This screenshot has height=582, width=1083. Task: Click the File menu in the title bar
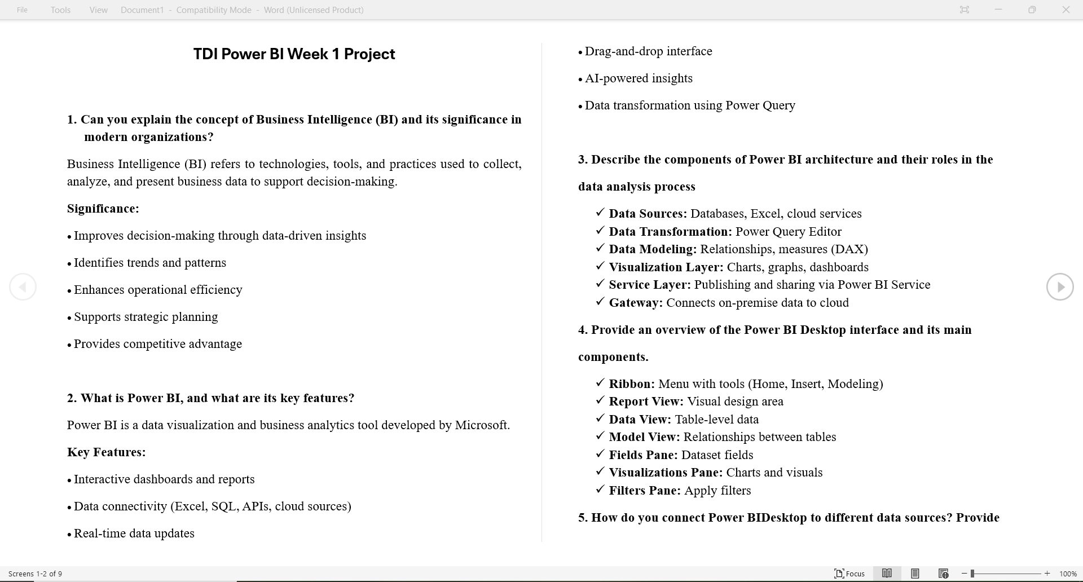(22, 10)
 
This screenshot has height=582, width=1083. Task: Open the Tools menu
(60, 10)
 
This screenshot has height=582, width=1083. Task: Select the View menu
(98, 10)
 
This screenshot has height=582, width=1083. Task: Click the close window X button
(1066, 10)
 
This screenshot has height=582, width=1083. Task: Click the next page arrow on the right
(1060, 287)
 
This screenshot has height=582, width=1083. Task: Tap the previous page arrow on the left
(23, 287)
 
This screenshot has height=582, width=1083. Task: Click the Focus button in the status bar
(849, 574)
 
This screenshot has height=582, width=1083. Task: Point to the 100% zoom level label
(1068, 574)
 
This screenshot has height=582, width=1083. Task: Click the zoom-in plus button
(1047, 574)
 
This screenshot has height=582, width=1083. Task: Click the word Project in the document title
(369, 54)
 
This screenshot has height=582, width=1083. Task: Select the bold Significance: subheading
(103, 209)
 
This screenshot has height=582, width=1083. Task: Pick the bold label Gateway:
(636, 303)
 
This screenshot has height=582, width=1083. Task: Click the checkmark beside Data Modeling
(600, 248)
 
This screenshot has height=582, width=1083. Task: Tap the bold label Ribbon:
(632, 384)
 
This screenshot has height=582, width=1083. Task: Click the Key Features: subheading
(106, 452)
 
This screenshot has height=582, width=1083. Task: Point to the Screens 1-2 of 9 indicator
(35, 574)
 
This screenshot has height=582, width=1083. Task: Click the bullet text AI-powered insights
(639, 78)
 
